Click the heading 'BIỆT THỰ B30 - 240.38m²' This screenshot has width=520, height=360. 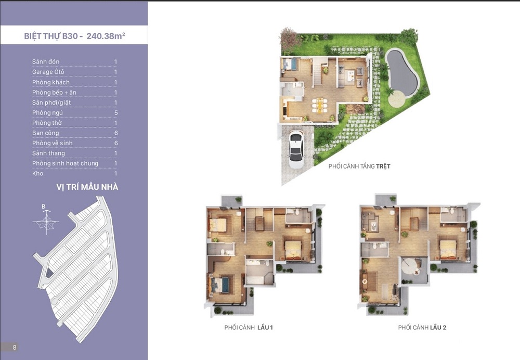tap(74, 35)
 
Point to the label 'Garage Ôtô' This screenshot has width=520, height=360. tap(48, 72)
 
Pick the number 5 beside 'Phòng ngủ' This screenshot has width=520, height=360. tap(116, 113)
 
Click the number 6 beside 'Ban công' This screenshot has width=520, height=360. tap(116, 133)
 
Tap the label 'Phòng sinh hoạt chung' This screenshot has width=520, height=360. tap(65, 163)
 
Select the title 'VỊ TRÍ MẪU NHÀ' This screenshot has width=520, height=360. tap(87, 187)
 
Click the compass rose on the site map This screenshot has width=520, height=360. tap(46, 222)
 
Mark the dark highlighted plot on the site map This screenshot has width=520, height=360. tap(49, 274)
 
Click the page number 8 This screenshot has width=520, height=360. tap(15, 348)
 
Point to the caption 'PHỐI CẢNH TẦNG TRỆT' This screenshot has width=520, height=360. tap(359, 166)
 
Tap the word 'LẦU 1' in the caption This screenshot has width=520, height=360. tap(265, 327)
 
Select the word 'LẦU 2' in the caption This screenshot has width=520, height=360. tap(438, 327)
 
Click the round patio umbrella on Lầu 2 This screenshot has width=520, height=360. tap(410, 265)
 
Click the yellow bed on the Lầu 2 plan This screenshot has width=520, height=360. tap(449, 250)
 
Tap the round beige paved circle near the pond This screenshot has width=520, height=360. tap(397, 98)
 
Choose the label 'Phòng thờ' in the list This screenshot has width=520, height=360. tap(47, 123)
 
